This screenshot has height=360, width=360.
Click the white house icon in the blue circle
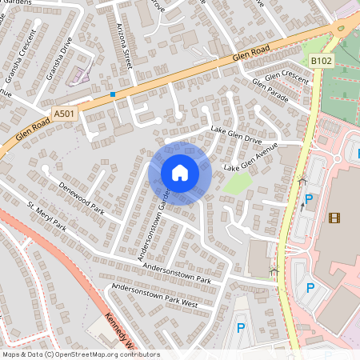coord(180,173)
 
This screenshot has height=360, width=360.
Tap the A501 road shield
coord(64,114)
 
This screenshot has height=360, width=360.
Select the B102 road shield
coord(321,60)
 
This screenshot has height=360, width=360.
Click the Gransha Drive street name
coord(57,61)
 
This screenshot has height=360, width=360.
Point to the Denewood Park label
coord(82,198)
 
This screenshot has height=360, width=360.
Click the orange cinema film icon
coord(334,217)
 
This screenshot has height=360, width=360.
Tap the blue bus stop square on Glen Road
coord(113,94)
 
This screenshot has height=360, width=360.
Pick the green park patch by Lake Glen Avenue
coord(238,183)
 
